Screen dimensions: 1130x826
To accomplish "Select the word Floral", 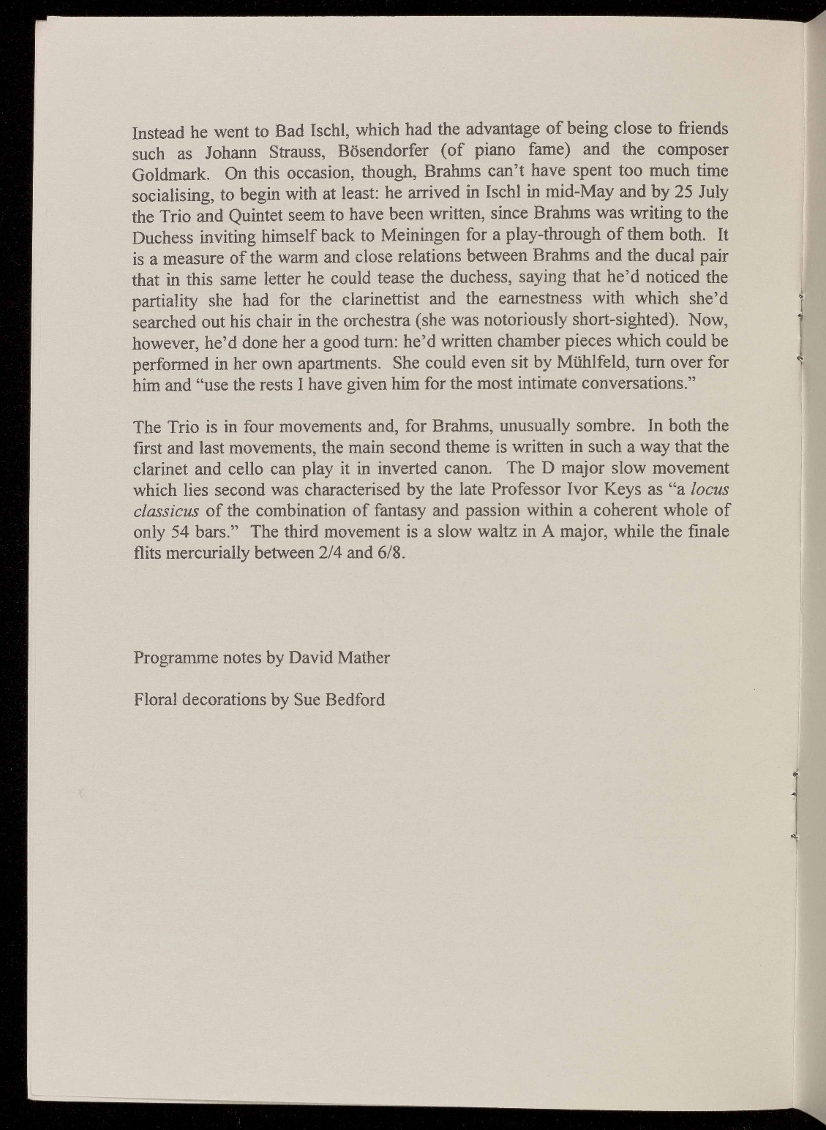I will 156,700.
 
